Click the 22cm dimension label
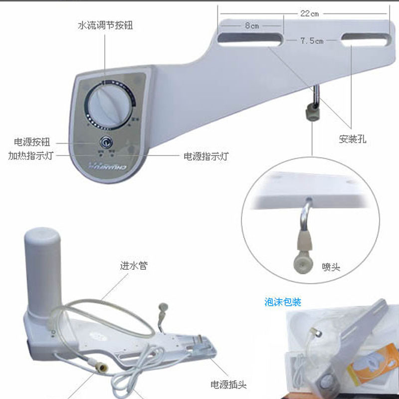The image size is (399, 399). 309,14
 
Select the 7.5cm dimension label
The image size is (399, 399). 312,41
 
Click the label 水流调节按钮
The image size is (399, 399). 106,24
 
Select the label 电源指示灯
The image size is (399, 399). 206,156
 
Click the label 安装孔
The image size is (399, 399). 353,139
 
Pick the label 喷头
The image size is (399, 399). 331,267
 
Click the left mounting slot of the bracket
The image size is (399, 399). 249,39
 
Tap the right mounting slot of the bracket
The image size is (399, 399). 365,38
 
